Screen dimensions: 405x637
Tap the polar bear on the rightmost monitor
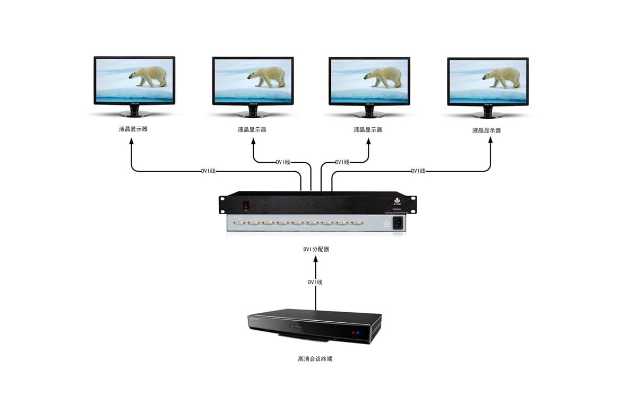pyautogui.click(x=502, y=77)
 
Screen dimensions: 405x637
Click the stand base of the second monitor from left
pyautogui.click(x=253, y=114)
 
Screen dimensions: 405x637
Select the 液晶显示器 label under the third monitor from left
pyautogui.click(x=368, y=130)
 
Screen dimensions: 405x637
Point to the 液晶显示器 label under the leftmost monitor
pyautogui.click(x=133, y=129)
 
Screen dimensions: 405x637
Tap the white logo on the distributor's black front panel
pyautogui.click(x=395, y=201)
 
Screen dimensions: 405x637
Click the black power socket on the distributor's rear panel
pyautogui.click(x=398, y=224)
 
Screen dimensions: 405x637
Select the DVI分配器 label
pyautogui.click(x=316, y=249)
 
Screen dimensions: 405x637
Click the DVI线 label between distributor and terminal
pyautogui.click(x=315, y=283)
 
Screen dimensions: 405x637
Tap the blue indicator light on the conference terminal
pyautogui.click(x=358, y=333)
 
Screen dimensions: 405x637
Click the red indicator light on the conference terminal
pyautogui.click(x=351, y=333)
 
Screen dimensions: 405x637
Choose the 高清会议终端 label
pyautogui.click(x=315, y=359)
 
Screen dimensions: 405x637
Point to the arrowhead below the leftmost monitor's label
pyautogui.click(x=131, y=142)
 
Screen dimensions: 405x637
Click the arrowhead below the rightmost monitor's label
pyautogui.click(x=489, y=142)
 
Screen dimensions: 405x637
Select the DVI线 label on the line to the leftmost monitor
pyautogui.click(x=208, y=171)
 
